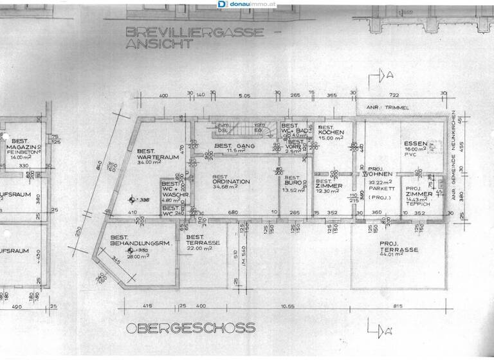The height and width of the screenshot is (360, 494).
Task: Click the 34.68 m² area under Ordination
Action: click(x=231, y=188)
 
